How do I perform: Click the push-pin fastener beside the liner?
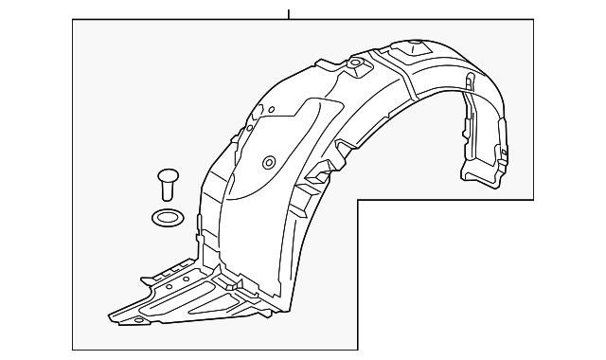tap(167, 180)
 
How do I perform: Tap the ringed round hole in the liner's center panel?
tap(268, 161)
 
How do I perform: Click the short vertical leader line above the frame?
tap(289, 11)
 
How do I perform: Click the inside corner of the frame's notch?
tap(357, 199)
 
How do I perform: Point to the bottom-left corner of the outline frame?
tap(73, 350)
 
